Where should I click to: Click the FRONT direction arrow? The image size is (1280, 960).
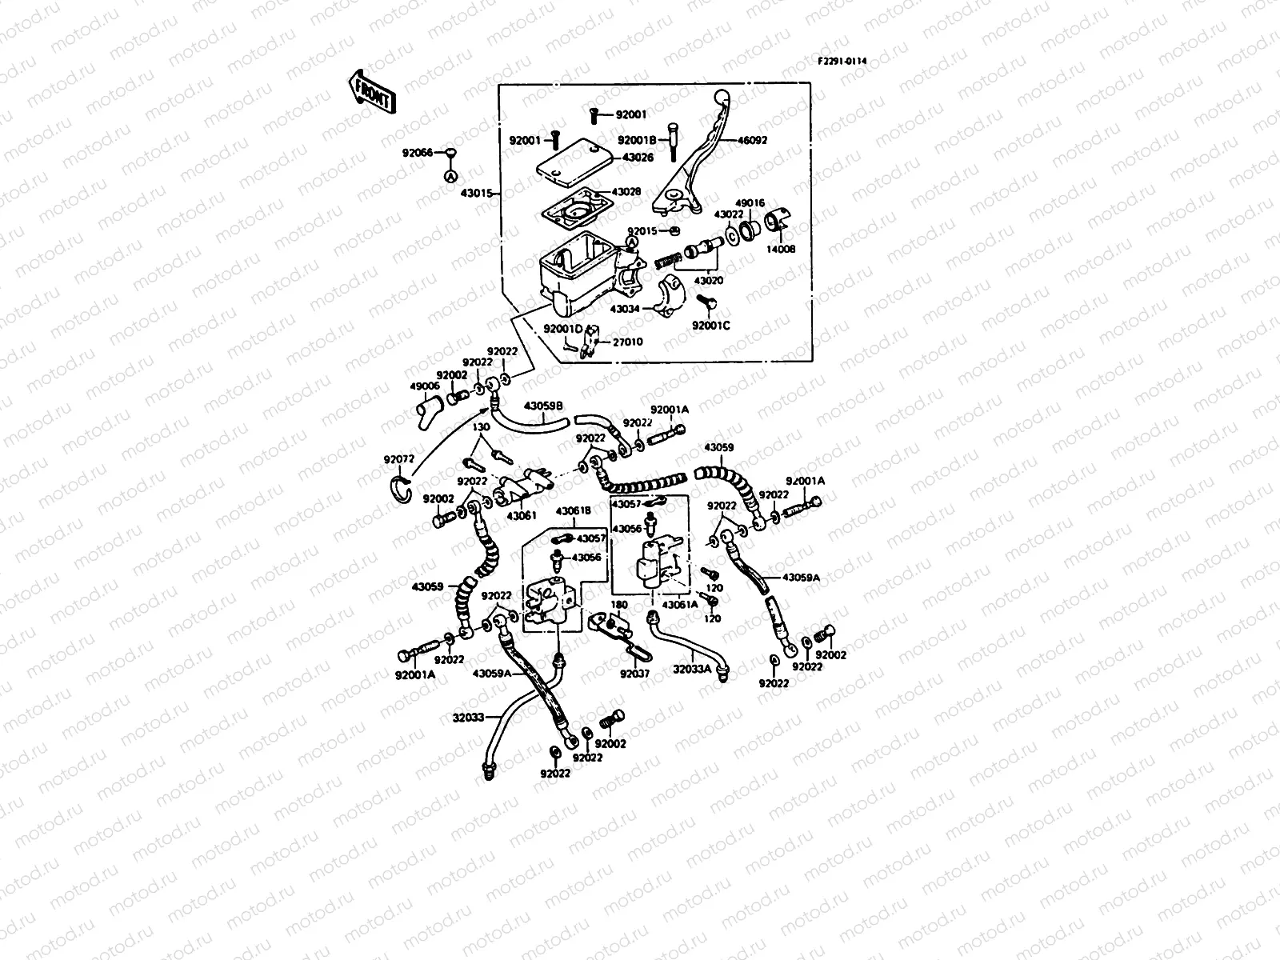click(x=372, y=90)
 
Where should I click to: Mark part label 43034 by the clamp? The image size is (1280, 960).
click(x=625, y=308)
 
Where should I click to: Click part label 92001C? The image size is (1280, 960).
click(x=711, y=326)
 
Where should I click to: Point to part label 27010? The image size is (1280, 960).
click(x=628, y=342)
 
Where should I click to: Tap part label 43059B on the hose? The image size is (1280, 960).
click(x=544, y=406)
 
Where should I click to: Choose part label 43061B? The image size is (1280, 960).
click(x=573, y=510)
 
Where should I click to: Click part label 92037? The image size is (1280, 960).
click(x=634, y=674)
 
